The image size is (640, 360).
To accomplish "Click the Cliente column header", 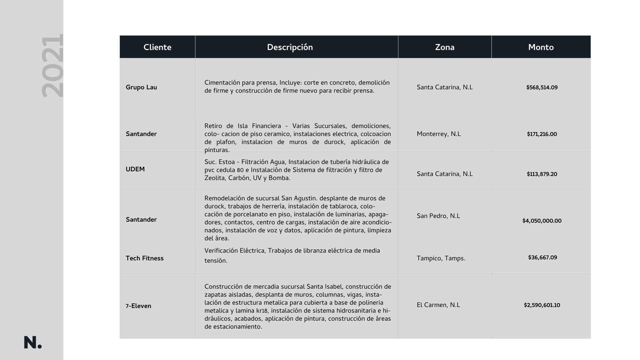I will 157,47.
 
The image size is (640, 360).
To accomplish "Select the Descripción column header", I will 290,47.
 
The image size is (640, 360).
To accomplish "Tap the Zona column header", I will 445,47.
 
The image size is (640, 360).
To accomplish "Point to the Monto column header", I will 541,47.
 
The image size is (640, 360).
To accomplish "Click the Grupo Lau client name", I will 141,87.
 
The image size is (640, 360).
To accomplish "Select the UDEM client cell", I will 135,169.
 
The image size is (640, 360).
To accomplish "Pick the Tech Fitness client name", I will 145,258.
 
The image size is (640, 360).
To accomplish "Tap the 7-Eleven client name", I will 138,306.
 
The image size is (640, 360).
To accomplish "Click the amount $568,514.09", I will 542,88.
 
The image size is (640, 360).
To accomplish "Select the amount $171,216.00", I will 542,134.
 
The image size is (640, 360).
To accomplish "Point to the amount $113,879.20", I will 542,174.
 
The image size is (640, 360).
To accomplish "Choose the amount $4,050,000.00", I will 542,221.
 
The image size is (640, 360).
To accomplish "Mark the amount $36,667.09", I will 542,258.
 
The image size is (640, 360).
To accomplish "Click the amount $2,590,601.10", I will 542,305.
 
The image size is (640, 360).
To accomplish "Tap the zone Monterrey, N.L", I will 439,134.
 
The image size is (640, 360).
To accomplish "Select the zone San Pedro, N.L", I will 438,216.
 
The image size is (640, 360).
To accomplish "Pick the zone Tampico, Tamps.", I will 441,258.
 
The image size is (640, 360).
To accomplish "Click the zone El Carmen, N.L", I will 438,305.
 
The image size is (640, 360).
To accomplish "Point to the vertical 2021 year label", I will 52,66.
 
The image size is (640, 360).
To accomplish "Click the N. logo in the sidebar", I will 33,343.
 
